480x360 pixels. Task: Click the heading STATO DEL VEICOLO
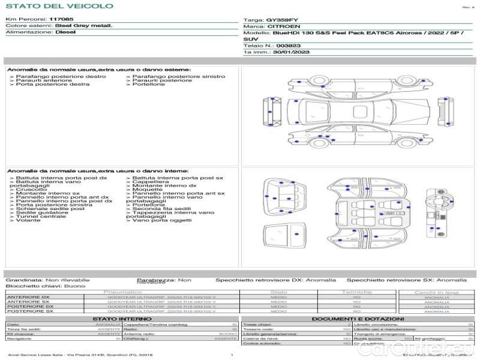tap(59, 7)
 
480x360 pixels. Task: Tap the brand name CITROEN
tap(281, 26)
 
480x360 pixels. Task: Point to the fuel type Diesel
tap(65, 32)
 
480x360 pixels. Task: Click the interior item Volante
tap(29, 220)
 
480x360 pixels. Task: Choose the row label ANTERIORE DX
tap(28, 297)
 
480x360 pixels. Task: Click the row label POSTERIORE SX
tap(29, 311)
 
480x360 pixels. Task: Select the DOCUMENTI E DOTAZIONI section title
tap(357, 319)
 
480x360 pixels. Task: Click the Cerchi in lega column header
tap(436, 292)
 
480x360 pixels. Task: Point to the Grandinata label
tap(24, 280)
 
